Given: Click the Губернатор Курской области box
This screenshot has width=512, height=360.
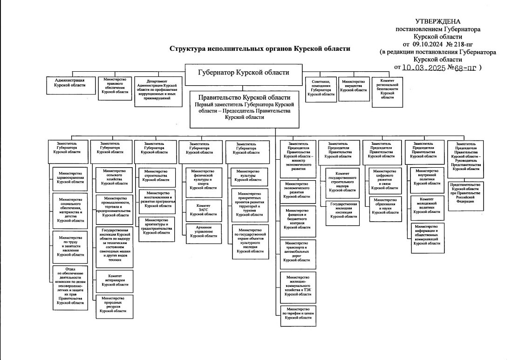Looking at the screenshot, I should click(x=243, y=73).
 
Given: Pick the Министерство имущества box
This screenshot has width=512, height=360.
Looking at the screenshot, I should click(x=354, y=87).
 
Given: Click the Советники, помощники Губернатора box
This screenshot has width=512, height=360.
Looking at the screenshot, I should click(x=321, y=88).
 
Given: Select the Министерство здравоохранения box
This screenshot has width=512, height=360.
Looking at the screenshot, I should click(x=70, y=177).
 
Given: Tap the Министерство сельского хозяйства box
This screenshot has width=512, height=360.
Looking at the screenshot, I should click(x=114, y=177).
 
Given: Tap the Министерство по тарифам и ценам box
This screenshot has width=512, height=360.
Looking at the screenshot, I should click(x=298, y=315).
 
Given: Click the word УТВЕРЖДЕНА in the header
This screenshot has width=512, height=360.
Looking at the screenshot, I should click(x=437, y=21).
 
